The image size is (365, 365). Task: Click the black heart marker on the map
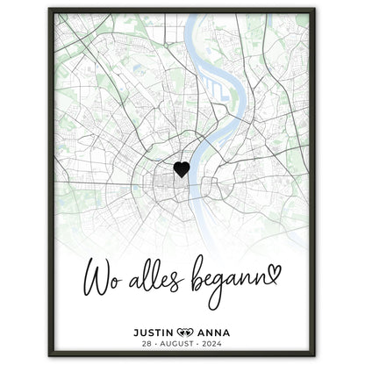pyautogui.click(x=181, y=169)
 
